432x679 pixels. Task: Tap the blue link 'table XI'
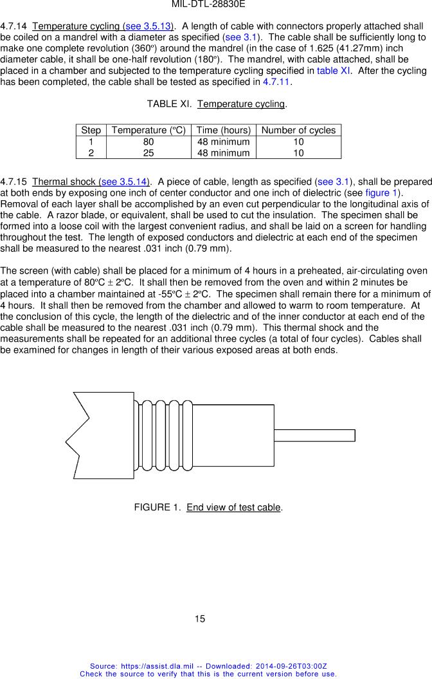(x=334, y=70)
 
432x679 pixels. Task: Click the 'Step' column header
(x=91, y=130)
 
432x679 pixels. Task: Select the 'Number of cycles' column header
(x=298, y=130)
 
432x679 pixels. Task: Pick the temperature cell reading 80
(x=148, y=142)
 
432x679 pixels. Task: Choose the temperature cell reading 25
(x=148, y=153)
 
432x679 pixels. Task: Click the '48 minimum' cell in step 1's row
(x=223, y=142)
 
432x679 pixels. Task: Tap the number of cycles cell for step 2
(x=298, y=153)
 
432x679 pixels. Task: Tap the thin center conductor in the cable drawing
(x=315, y=435)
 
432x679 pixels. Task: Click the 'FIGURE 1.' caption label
(x=157, y=507)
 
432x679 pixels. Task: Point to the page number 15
(x=200, y=619)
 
